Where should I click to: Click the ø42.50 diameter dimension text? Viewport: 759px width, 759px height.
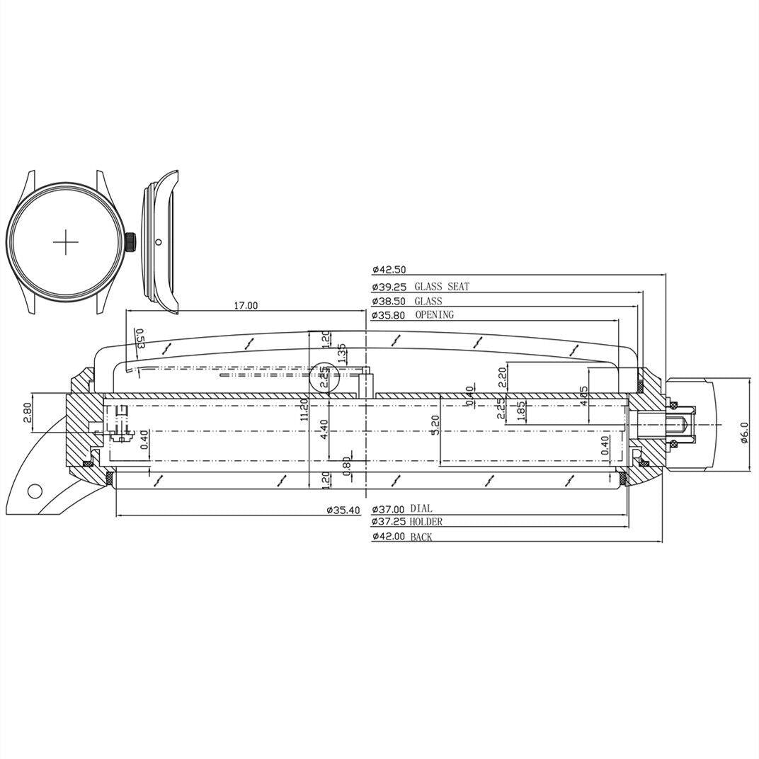tap(388, 270)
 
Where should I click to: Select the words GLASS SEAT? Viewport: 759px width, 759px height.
tap(442, 287)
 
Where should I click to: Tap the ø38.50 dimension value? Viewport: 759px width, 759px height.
tap(388, 301)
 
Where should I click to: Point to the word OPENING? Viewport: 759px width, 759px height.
tap(434, 314)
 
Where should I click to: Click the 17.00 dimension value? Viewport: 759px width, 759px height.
tap(246, 305)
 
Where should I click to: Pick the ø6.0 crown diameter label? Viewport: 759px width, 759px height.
tap(743, 433)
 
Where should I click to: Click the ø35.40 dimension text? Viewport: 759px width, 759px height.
tap(343, 510)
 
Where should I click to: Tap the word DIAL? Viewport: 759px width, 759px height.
tap(421, 509)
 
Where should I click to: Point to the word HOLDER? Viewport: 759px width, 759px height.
tap(426, 522)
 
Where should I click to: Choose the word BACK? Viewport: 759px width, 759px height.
tap(421, 537)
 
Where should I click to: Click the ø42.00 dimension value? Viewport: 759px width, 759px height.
tap(388, 537)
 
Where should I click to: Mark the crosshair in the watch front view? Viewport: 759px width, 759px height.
tap(66, 242)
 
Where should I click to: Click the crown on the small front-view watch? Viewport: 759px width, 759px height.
tap(131, 241)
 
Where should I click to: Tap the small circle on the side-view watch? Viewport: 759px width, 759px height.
tap(158, 241)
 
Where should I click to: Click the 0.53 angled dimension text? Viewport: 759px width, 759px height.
tap(139, 339)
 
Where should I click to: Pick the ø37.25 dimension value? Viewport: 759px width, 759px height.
tap(388, 523)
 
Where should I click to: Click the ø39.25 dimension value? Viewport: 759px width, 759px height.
tap(388, 287)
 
